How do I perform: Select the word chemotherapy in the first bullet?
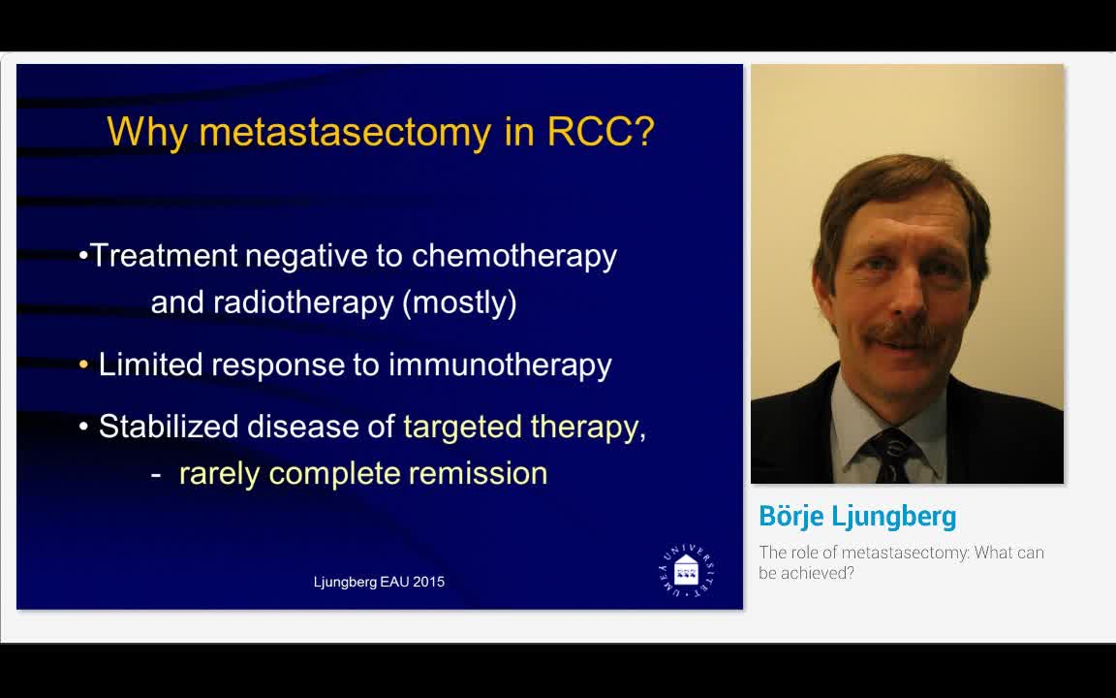[513, 256]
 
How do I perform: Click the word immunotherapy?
[500, 365]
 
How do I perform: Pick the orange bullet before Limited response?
[84, 365]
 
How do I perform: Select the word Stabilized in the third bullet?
[168, 427]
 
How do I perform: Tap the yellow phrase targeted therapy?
[520, 427]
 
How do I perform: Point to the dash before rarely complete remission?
[156, 474]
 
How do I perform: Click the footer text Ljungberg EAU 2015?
[379, 582]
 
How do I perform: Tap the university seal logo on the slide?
[685, 570]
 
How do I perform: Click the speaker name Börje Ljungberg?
[857, 516]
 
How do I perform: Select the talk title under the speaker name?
[901, 562]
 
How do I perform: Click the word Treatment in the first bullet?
[164, 256]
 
